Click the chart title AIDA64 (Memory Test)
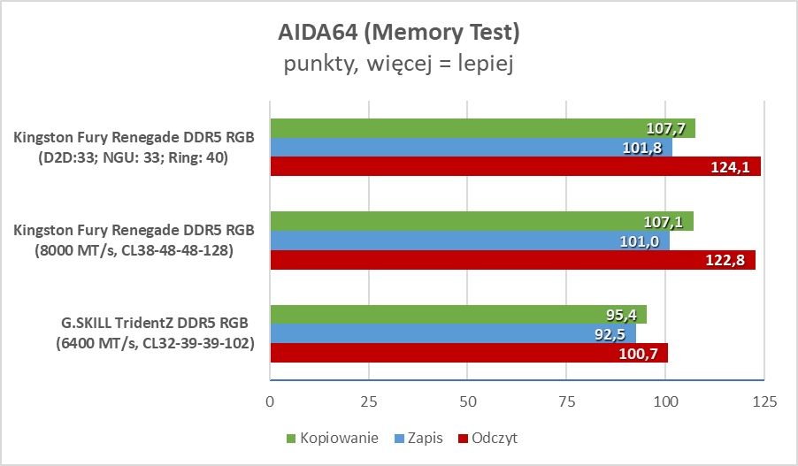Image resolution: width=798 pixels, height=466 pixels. click(x=398, y=33)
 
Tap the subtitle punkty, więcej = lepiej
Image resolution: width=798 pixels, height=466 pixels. click(x=398, y=64)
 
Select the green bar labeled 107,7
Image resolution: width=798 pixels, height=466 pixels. click(x=482, y=128)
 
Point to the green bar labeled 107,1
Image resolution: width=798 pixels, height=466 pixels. click(x=481, y=221)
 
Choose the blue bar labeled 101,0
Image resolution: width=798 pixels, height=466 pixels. click(x=469, y=241)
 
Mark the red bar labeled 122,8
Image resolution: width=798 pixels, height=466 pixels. click(x=512, y=260)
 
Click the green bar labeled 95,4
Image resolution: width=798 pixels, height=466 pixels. click(x=458, y=315)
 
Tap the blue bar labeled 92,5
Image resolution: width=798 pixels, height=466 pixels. click(x=452, y=334)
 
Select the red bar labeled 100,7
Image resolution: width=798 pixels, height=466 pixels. click(x=469, y=354)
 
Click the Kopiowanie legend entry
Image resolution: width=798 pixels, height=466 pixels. click(x=332, y=438)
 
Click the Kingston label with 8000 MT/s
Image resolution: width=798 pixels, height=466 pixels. click(x=134, y=241)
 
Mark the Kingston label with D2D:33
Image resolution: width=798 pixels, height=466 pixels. click(x=134, y=148)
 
